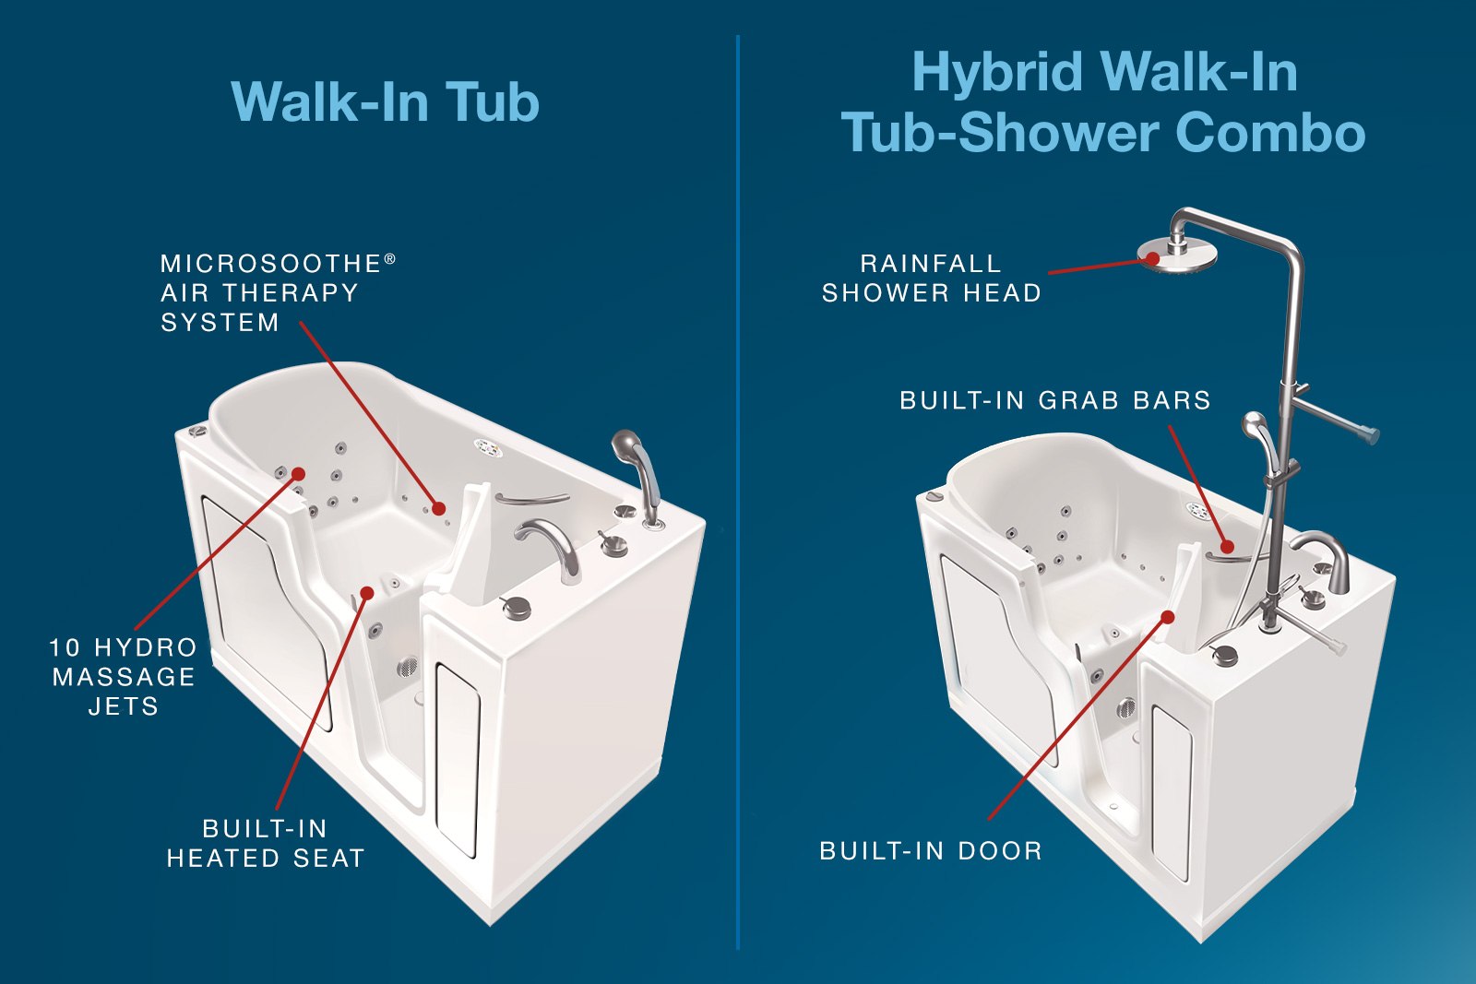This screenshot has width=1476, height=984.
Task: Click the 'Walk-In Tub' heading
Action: tap(386, 101)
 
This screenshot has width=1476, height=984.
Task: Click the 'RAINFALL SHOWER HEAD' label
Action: tap(931, 279)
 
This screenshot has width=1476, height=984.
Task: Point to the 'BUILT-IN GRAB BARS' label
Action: tap(1055, 400)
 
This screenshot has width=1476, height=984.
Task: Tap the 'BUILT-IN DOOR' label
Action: tap(931, 851)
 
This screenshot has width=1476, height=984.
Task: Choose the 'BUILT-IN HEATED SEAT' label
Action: tap(266, 844)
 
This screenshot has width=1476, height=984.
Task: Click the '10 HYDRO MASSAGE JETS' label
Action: tap(124, 677)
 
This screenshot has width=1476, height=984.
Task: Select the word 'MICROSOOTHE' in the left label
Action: tap(271, 264)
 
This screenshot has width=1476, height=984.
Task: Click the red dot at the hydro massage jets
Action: tap(298, 474)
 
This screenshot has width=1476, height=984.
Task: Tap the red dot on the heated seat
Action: tap(368, 593)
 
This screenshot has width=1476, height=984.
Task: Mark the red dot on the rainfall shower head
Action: tap(1153, 258)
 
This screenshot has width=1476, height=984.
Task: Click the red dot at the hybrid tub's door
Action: tap(1168, 617)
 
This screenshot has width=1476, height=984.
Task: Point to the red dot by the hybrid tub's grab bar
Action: tap(1227, 547)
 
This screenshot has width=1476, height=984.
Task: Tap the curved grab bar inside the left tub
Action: tap(531, 499)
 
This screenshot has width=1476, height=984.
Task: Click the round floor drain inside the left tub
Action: tap(407, 667)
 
